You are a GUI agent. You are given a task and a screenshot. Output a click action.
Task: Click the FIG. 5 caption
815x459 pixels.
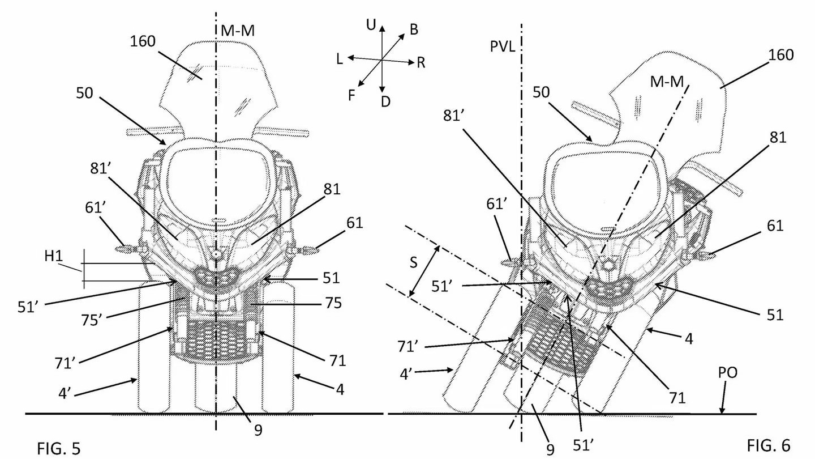pos(59,448)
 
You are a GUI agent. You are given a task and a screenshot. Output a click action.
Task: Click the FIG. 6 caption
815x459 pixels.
pos(769,445)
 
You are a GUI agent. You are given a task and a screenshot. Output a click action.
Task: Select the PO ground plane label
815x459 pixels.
pos(727,372)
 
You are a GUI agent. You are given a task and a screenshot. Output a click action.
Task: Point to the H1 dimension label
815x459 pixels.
pos(53,256)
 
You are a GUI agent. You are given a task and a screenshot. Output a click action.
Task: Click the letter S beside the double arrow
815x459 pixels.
pos(413,262)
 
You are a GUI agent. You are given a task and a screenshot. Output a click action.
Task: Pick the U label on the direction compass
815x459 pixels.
pos(371,25)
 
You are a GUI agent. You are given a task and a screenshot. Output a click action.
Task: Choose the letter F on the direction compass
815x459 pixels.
pos(351,95)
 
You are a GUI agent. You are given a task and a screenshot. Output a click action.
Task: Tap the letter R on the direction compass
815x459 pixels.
pos(421,63)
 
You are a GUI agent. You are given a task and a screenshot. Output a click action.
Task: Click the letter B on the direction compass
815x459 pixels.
pos(414,29)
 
